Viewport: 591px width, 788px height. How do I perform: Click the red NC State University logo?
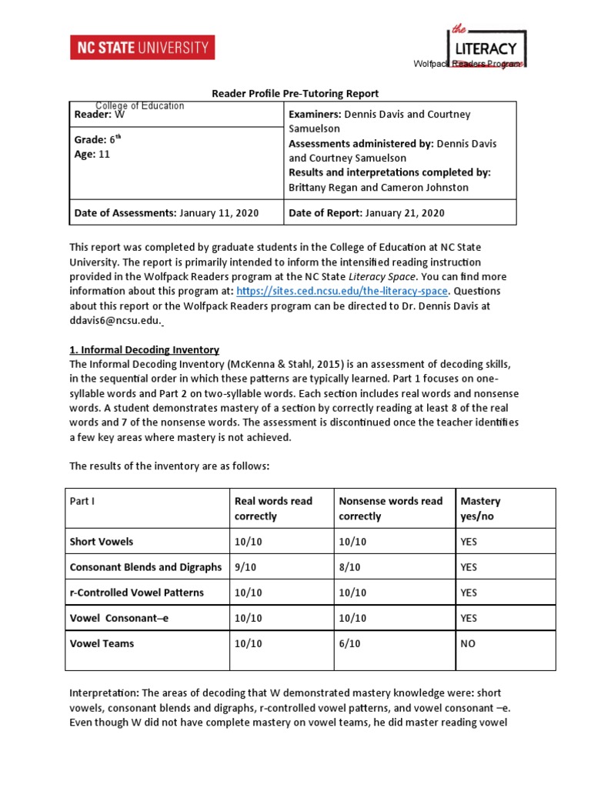(142, 48)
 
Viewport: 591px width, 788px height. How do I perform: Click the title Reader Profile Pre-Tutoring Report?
(295, 94)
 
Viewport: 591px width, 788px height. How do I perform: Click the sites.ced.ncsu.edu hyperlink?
(342, 291)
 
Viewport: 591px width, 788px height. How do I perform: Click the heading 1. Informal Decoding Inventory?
(144, 349)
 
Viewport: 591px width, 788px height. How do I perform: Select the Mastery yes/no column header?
(480, 509)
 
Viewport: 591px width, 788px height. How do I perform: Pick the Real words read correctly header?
(273, 509)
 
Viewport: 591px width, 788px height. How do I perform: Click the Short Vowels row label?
(102, 542)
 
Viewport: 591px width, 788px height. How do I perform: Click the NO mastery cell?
(469, 643)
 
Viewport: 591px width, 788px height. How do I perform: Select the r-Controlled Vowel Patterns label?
(137, 593)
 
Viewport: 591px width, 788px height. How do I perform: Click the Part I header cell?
(82, 501)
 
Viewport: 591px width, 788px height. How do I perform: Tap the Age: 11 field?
(92, 154)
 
